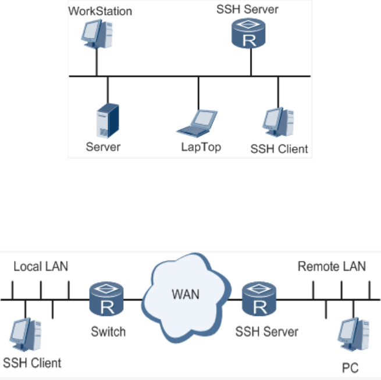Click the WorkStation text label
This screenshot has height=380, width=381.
pos(100,11)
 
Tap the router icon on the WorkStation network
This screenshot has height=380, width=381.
pos(250,34)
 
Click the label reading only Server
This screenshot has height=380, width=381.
pos(103,147)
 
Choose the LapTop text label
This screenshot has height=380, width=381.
pos(201,147)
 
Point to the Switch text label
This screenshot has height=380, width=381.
pos(108,332)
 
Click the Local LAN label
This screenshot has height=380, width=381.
pos(41,267)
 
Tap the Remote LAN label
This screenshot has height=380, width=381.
pos(332,267)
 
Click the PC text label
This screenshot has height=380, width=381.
pos(351,368)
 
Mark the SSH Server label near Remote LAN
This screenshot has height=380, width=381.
pos(266,332)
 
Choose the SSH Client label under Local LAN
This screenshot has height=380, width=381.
pos(32,363)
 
